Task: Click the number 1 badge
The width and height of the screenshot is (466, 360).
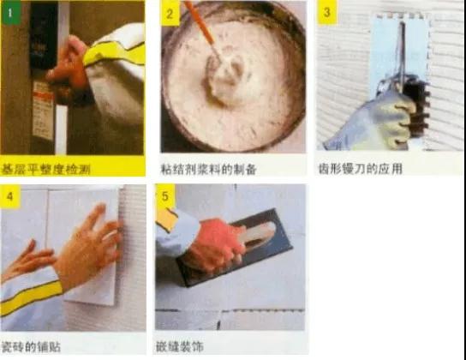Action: tap(10, 13)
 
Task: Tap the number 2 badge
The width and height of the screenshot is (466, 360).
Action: tap(170, 13)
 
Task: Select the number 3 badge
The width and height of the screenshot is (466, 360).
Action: tap(326, 12)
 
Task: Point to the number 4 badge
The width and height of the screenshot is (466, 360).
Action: tap(9, 196)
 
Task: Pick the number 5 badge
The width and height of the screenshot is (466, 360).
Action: tap(165, 196)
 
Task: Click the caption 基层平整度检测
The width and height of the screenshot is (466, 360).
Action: tap(45, 169)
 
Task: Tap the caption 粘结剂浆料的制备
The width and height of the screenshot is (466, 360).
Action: tap(208, 169)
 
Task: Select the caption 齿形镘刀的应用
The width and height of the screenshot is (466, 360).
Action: tap(360, 169)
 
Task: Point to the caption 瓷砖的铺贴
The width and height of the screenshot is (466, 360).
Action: tap(31, 346)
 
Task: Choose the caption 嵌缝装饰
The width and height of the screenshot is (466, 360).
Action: tap(180, 346)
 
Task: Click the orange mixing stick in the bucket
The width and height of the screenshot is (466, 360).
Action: tap(202, 28)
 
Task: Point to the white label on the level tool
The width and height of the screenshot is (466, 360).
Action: tap(43, 110)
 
